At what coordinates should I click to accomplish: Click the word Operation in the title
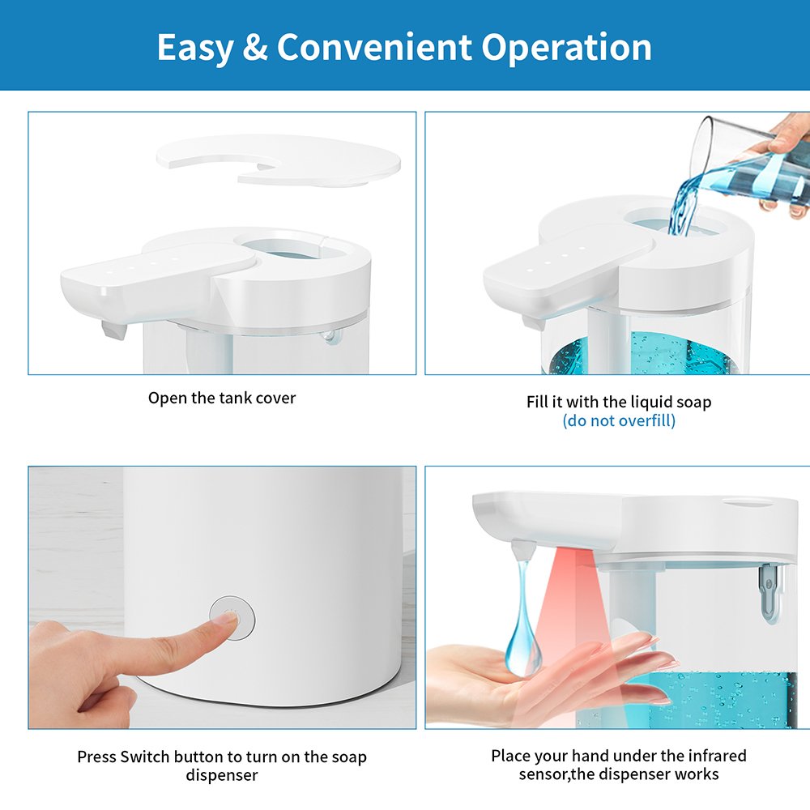[x=567, y=48]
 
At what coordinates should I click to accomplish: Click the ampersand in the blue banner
[x=254, y=47]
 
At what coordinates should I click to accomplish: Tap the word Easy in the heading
[x=194, y=48]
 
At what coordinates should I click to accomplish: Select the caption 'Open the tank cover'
[x=222, y=398]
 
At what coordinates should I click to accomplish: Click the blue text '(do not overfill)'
[x=619, y=420]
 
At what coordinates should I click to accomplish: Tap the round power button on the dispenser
[x=232, y=618]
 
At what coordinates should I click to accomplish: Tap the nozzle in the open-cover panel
[x=114, y=330]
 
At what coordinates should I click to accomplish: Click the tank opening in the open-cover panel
[x=289, y=246]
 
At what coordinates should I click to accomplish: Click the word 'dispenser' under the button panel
[x=222, y=775]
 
